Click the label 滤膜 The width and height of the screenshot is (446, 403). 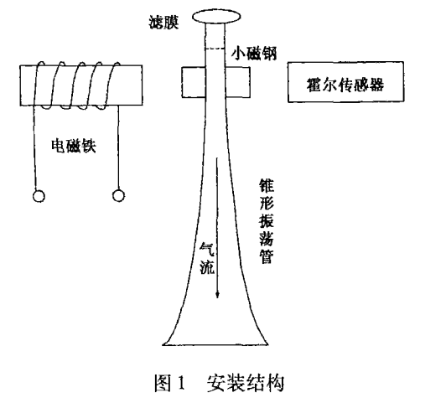click(163, 23)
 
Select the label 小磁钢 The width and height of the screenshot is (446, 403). click(254, 53)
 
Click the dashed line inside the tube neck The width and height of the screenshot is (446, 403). click(215, 49)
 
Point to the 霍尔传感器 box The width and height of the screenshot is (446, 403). click(345, 81)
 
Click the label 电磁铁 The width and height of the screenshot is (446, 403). click(74, 146)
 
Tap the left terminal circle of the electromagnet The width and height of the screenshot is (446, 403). click(39, 196)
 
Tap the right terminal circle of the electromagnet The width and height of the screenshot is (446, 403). click(118, 195)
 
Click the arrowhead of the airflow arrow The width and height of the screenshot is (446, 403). click(217, 294)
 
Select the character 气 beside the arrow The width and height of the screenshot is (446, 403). click(206, 250)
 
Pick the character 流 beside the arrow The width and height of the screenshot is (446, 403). click(206, 266)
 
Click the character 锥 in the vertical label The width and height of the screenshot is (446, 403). click(267, 186)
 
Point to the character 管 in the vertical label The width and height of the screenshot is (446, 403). click(267, 256)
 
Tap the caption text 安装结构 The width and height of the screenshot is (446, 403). click(246, 383)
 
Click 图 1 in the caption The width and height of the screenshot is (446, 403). click(169, 383)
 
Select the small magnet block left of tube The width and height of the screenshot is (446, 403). click(194, 82)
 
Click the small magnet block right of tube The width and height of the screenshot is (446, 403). click(238, 82)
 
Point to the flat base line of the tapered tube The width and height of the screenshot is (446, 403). click(215, 344)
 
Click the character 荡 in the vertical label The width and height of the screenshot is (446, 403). click(267, 238)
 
